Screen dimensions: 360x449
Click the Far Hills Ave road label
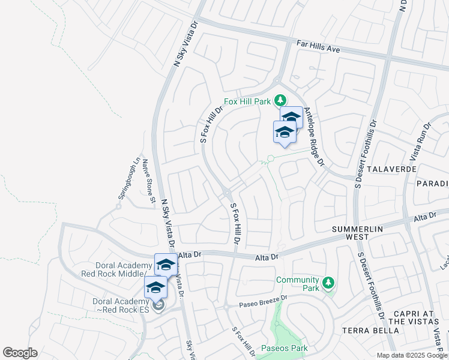(319, 47)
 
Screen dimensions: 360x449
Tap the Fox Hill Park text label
(247, 101)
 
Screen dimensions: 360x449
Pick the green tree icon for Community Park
(327, 281)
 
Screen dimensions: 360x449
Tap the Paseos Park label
(285, 348)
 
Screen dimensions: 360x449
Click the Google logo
(20, 353)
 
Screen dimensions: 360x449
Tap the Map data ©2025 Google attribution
(411, 355)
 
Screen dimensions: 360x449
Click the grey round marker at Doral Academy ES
(158, 306)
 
